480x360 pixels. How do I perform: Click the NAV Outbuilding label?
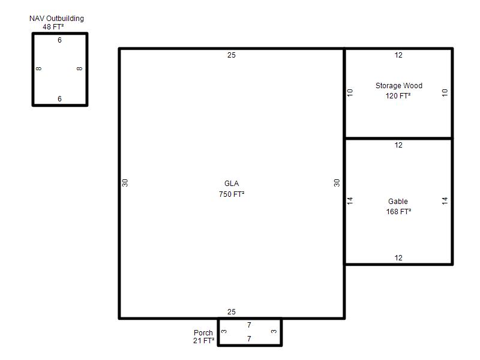(56, 19)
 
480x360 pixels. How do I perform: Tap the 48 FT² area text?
(53, 27)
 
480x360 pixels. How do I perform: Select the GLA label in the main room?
(232, 184)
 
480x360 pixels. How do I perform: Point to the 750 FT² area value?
(232, 194)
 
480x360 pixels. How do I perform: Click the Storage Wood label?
(399, 86)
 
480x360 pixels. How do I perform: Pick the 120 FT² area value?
(398, 96)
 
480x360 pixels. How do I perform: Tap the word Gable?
(398, 202)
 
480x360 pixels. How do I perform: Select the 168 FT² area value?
(398, 212)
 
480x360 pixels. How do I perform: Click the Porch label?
(203, 333)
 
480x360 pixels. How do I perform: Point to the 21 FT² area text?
(204, 340)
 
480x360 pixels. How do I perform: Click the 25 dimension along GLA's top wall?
(232, 55)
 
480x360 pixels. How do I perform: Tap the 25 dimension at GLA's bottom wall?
(232, 312)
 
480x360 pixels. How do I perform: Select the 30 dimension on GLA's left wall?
(125, 183)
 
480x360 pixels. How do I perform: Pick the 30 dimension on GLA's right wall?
(337, 183)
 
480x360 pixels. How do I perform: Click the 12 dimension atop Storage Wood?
(398, 55)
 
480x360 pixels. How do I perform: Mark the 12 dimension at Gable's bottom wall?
(398, 258)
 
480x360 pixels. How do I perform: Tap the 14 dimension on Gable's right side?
(445, 201)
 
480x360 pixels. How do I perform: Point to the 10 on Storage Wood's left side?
(350, 92)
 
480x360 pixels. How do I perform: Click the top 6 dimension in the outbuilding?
(59, 40)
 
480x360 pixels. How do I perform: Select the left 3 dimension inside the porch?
(224, 331)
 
